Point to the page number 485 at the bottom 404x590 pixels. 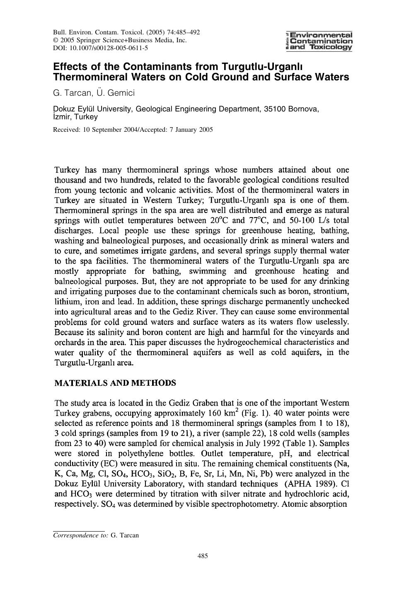(x=202, y=556)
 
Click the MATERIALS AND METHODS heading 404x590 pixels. (x=115, y=383)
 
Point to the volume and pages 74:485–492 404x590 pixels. (x=178, y=32)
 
